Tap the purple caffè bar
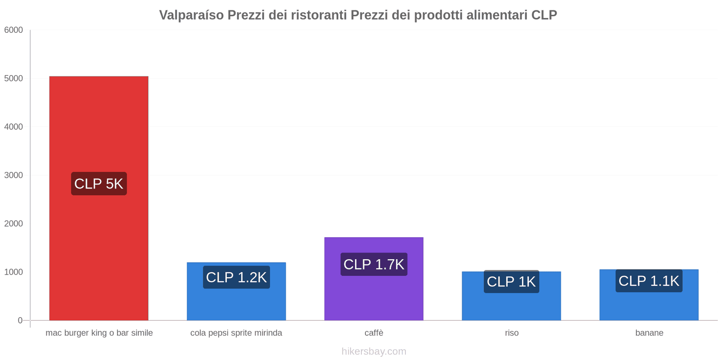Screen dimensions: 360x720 [373, 297]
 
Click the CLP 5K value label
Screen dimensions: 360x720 [99, 184]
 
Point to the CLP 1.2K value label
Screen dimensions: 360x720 [236, 277]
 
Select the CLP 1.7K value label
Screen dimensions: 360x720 [373, 264]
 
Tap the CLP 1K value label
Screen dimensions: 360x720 [511, 282]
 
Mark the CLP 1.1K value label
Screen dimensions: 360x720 [649, 281]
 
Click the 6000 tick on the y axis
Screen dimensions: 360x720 [13, 30]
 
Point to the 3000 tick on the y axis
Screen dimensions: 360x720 [13, 175]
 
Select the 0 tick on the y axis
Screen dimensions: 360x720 [20, 320]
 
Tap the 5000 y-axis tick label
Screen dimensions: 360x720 [13, 78]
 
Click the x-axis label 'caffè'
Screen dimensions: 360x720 [374, 333]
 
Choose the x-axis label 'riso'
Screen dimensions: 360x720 [512, 333]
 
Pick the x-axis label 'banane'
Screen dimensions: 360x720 [649, 333]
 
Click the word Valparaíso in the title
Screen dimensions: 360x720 [191, 15]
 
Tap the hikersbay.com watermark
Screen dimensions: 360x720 [374, 351]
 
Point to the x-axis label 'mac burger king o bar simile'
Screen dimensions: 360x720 [99, 333]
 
